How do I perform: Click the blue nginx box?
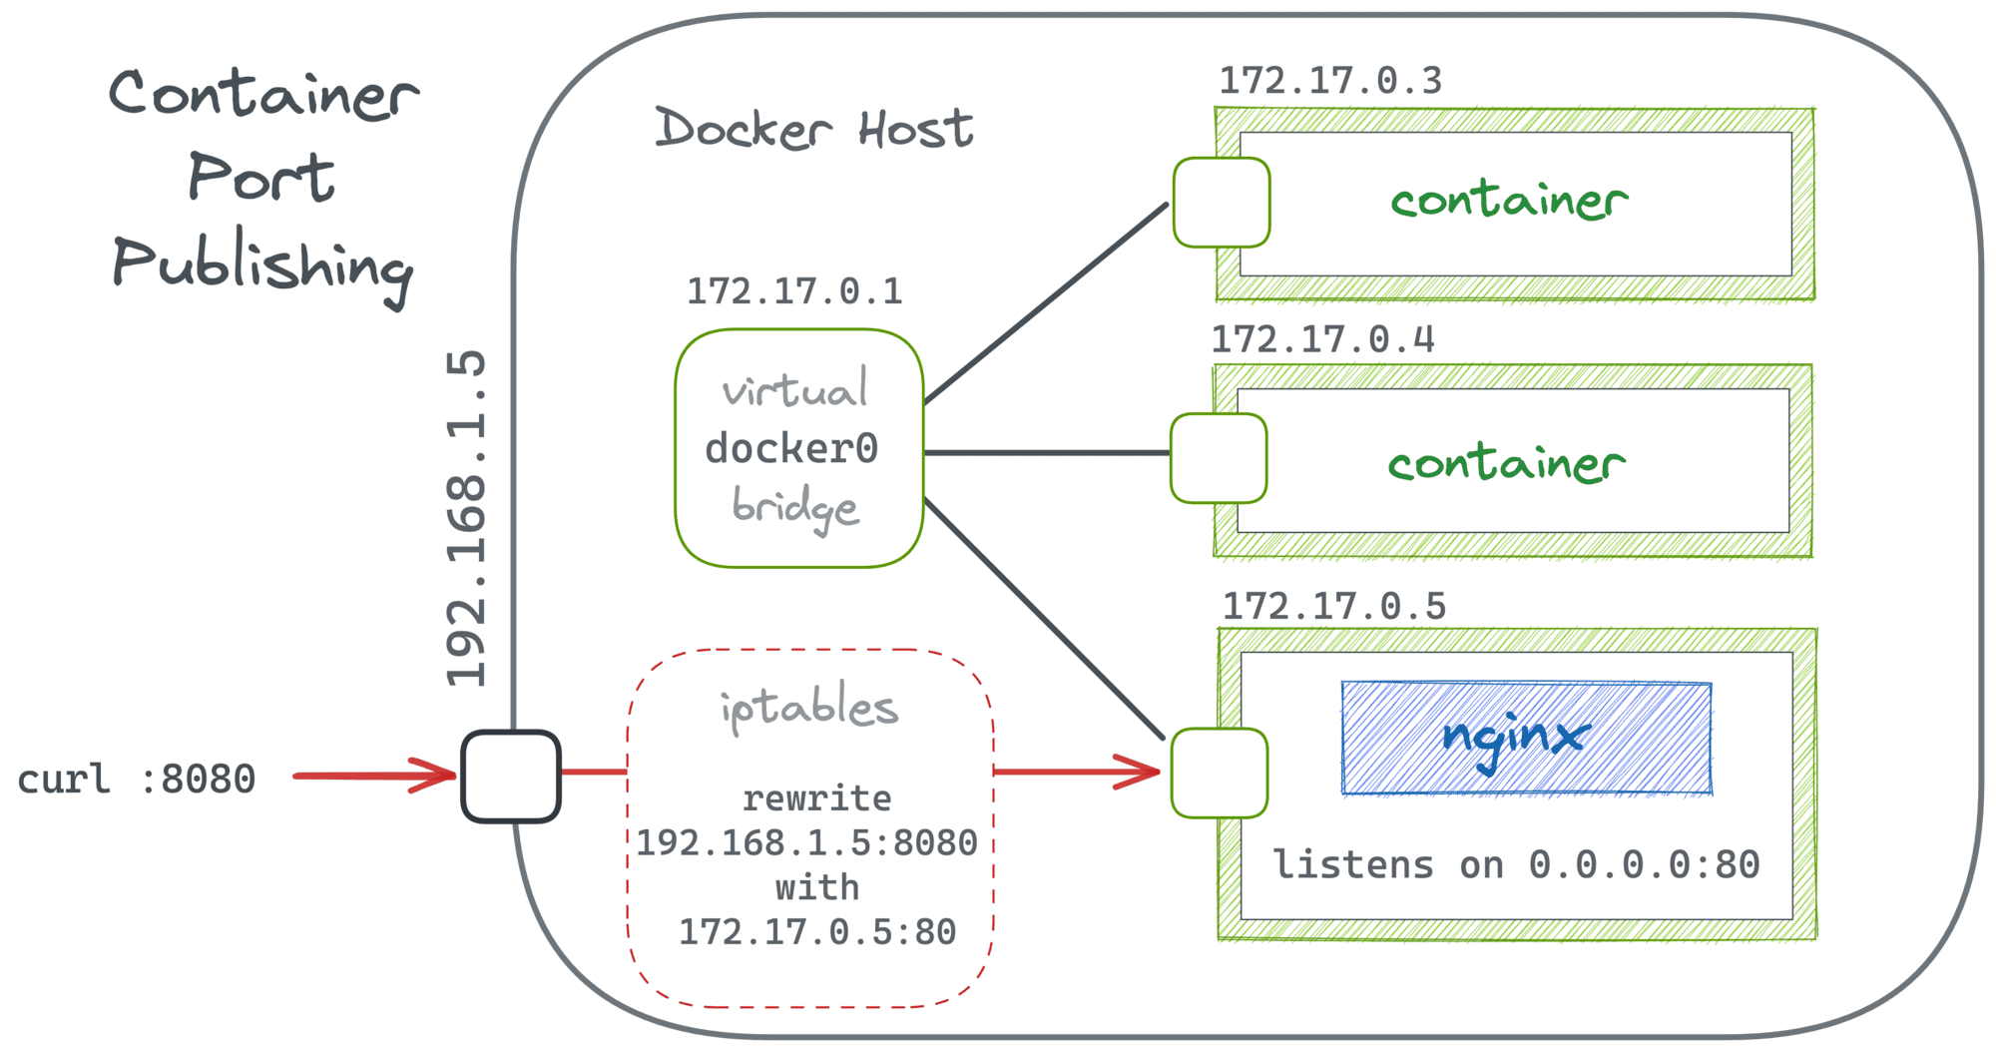point(1526,738)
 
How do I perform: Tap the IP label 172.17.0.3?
point(1330,81)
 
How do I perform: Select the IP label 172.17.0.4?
point(1322,339)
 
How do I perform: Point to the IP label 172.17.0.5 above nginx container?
point(1334,606)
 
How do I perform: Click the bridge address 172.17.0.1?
point(794,291)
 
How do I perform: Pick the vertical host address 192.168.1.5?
point(467,519)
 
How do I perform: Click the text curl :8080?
point(137,780)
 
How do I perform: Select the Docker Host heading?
point(813,129)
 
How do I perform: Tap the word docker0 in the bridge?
point(791,448)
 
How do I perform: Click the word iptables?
point(809,708)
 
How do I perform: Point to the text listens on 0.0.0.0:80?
point(1516,865)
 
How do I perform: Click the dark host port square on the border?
point(511,777)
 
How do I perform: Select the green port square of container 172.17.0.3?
point(1221,203)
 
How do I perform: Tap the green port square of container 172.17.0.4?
point(1218,458)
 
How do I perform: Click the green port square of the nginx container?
point(1219,773)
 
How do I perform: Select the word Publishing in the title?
point(261,265)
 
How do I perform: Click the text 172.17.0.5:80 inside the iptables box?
point(817,932)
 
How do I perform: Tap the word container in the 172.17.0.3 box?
point(1509,201)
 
